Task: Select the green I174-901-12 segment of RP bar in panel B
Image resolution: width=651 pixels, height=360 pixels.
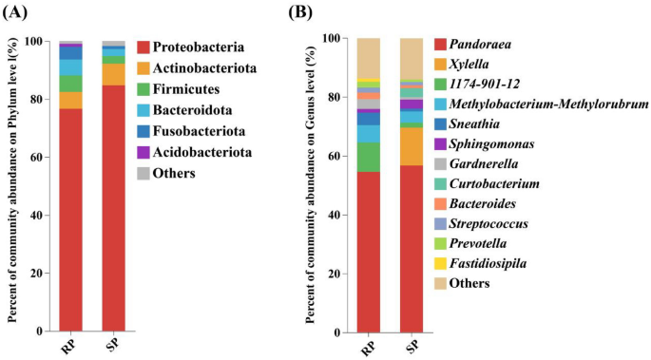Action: (x=368, y=157)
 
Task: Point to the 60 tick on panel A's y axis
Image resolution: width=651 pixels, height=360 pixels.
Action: (x=36, y=158)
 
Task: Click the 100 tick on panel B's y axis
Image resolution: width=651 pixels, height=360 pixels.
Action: (x=329, y=39)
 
